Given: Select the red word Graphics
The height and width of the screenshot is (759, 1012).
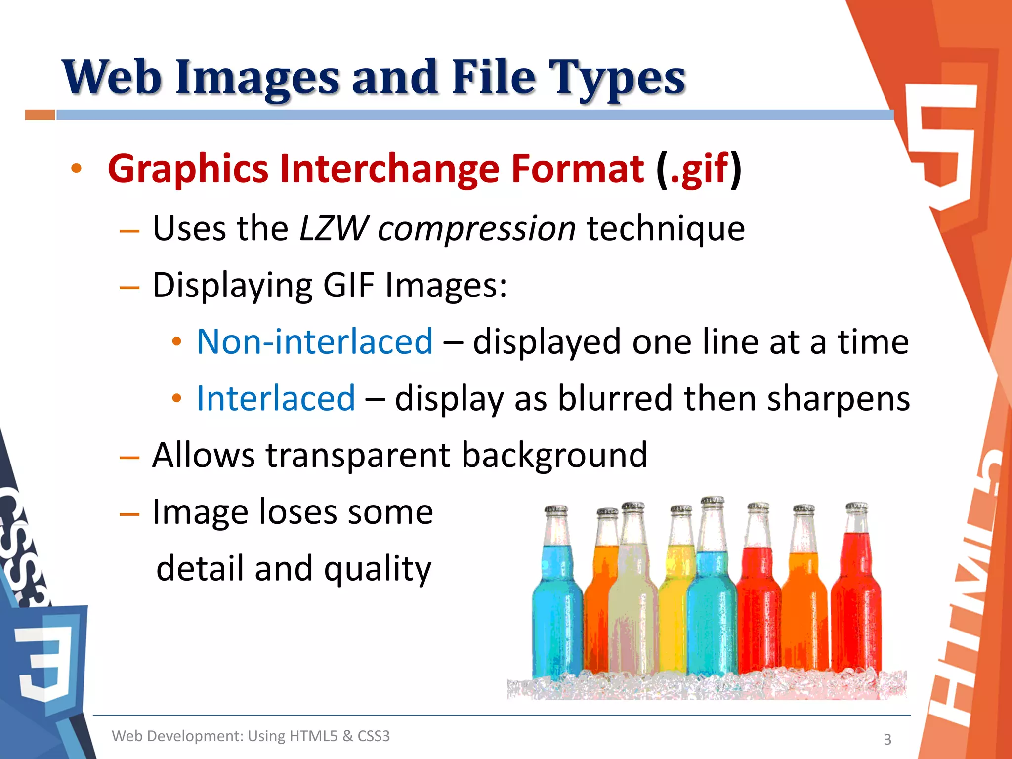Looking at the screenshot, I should [188, 169].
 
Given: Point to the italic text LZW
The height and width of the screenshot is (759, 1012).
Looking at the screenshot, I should [334, 229].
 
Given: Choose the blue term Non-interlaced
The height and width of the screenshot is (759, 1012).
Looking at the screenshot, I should [315, 341].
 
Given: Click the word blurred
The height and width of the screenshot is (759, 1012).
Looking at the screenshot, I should [615, 398].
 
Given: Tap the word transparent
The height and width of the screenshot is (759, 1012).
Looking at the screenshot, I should [358, 455].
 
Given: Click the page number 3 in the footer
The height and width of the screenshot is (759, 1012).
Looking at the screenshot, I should [887, 739].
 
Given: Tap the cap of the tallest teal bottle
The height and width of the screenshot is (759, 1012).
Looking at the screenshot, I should [712, 502].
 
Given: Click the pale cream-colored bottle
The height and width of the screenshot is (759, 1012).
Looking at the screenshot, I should [632, 608].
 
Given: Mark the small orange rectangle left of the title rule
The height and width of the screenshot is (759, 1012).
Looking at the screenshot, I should [40, 115].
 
